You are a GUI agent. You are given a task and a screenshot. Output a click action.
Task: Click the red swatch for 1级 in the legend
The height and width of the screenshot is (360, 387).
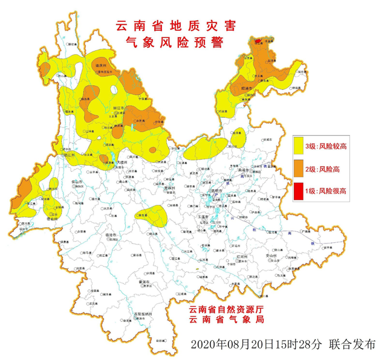tap(299, 191)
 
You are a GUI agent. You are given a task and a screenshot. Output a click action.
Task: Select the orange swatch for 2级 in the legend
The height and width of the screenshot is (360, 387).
tap(299, 169)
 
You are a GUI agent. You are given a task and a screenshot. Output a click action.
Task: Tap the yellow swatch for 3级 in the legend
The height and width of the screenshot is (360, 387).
tap(299, 146)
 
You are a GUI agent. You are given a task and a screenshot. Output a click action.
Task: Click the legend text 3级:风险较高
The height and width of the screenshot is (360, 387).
tap(326, 146)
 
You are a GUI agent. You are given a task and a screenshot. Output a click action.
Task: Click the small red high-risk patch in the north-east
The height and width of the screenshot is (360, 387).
tap(258, 41)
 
